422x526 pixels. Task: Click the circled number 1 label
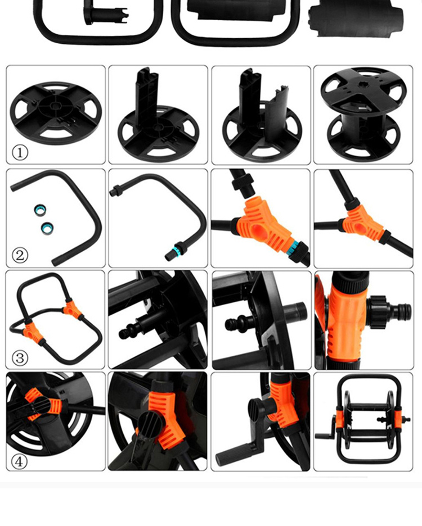pos(20,153)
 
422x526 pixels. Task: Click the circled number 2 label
pos(20,256)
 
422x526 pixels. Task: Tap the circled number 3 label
pos(20,358)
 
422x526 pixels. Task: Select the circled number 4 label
pos(19,461)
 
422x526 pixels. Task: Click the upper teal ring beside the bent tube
pos(40,211)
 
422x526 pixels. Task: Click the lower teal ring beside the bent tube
pos(47,228)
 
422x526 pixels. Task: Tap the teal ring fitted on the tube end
pos(175,250)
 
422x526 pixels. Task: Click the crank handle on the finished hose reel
pos(326,430)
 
